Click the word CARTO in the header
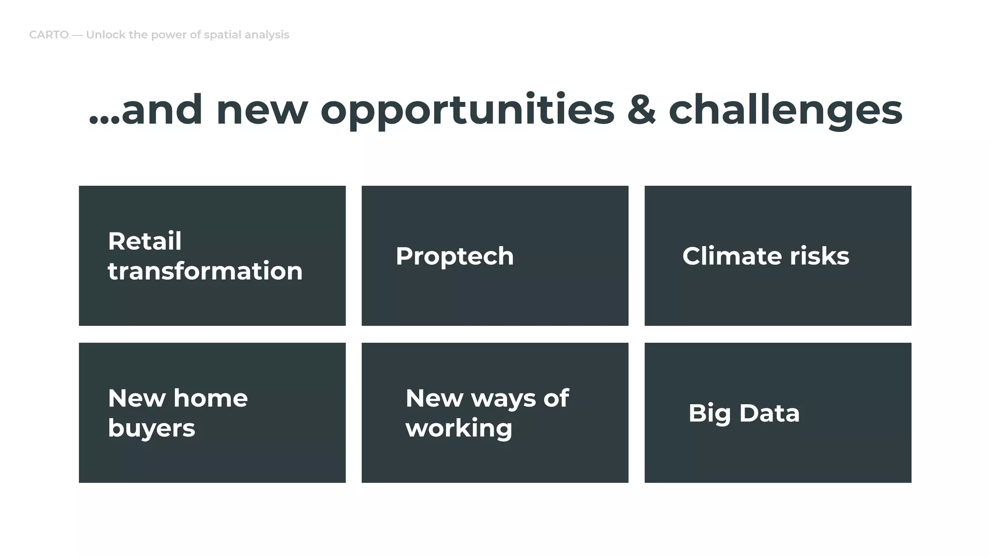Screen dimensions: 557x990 (x=49, y=35)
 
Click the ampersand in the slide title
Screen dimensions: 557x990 (x=641, y=110)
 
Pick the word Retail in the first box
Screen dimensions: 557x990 (x=145, y=241)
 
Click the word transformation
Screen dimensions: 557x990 (x=205, y=271)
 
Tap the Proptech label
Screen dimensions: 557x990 (x=454, y=256)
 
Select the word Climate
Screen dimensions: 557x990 (x=731, y=256)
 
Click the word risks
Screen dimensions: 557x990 (x=819, y=256)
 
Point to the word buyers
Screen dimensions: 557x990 (x=151, y=428)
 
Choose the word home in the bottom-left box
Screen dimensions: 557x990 (x=210, y=398)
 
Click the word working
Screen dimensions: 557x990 (x=459, y=428)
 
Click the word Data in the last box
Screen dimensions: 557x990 (x=769, y=413)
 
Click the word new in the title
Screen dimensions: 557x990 (x=262, y=110)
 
